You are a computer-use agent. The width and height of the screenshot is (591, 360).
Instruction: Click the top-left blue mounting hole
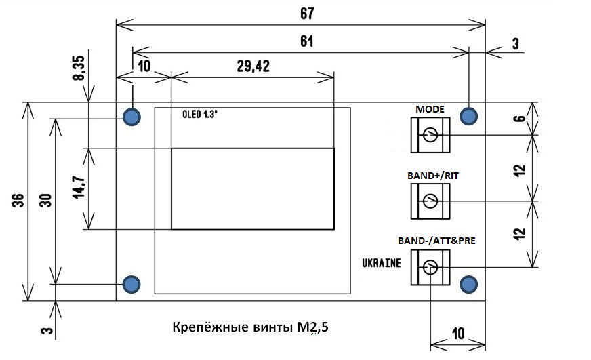coord(131,117)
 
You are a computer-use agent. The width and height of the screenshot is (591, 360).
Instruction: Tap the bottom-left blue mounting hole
coord(131,283)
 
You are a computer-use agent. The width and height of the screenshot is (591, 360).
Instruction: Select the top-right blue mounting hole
coord(468,117)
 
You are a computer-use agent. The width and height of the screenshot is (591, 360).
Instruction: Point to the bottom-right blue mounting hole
coord(468,283)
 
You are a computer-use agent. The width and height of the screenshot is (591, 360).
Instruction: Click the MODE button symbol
coord(430,136)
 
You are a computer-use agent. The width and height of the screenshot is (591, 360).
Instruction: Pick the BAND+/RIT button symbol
coord(430,201)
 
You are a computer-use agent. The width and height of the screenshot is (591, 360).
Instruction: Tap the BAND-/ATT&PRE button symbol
coord(430,268)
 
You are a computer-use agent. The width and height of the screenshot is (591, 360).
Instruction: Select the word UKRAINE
coord(380,263)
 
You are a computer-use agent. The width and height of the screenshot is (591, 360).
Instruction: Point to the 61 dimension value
coord(306,41)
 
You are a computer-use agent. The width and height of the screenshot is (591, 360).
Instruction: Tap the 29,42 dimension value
coord(252,66)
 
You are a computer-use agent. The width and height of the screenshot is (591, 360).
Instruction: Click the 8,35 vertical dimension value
coord(79,69)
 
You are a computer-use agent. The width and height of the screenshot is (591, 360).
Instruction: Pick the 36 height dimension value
coord(18,201)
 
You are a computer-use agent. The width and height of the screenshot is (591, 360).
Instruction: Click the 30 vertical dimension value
coord(45,201)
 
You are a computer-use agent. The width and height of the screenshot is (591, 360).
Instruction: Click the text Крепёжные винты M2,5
coord(251,328)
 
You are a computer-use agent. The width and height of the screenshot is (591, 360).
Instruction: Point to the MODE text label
coord(429,108)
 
